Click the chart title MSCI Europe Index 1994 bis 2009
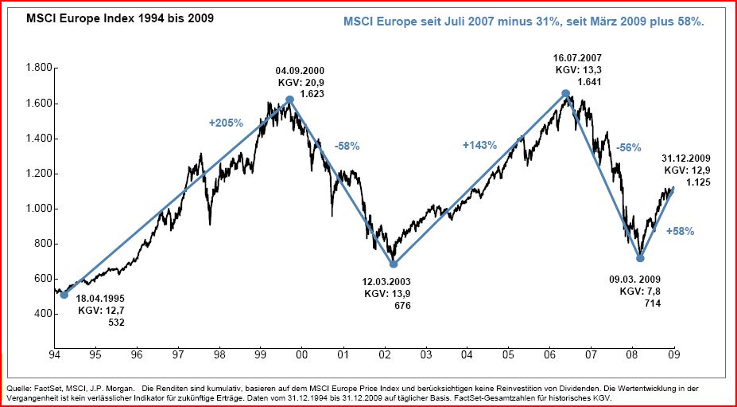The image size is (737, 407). coord(109,17)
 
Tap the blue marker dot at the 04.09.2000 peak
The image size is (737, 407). coord(289,100)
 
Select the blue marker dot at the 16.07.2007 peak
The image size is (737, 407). coord(565,93)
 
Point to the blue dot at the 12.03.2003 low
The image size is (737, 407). coord(393,264)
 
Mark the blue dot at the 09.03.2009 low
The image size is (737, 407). coord(640,258)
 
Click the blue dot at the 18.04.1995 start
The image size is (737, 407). coord(64,295)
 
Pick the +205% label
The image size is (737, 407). coord(226,123)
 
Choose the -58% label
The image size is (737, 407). coord(347,146)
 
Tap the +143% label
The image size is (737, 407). coord(479,146)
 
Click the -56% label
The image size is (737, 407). coord(628,148)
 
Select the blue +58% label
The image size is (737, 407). coord(680,231)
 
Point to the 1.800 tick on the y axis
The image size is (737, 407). coord(37,68)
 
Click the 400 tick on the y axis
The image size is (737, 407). coord(41,314)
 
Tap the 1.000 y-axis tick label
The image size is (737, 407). coord(37,209)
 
